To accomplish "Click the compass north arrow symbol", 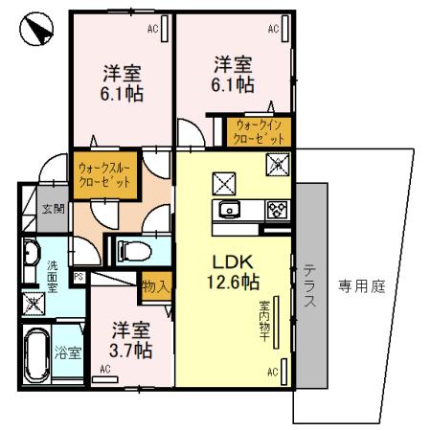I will pyautogui.click(x=34, y=31).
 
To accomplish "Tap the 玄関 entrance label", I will pyautogui.click(x=52, y=209).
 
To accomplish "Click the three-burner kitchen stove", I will pyautogui.click(x=277, y=211).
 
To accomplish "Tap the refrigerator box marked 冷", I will pyautogui.click(x=277, y=162).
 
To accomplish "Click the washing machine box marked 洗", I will pyautogui.click(x=33, y=305).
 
